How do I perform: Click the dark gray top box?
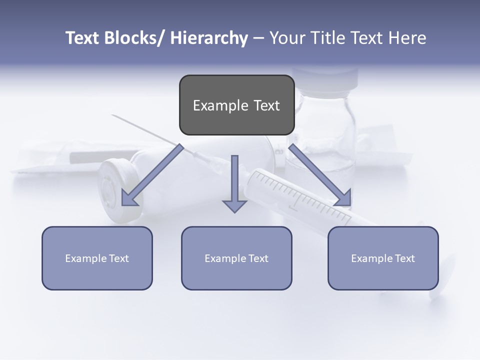[x=236, y=105]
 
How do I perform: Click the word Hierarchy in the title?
[x=209, y=38]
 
